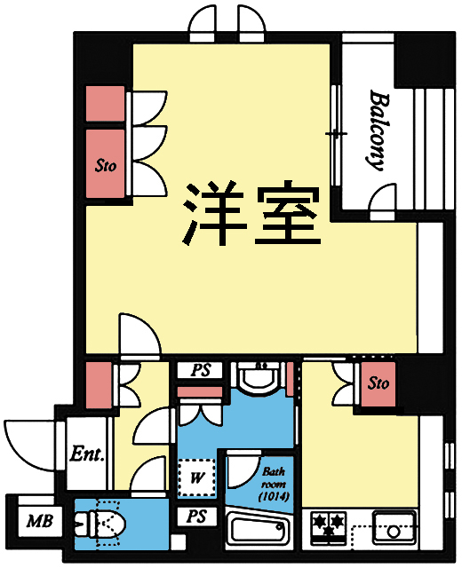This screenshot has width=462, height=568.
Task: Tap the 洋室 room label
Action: point(251,216)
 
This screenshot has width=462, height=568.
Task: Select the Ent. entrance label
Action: point(88,455)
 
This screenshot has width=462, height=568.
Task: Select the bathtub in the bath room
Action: point(261,533)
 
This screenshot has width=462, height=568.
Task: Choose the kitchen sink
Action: point(391,531)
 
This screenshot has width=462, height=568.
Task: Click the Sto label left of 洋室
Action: point(107,164)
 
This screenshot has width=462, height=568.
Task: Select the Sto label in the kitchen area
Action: point(378,384)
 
